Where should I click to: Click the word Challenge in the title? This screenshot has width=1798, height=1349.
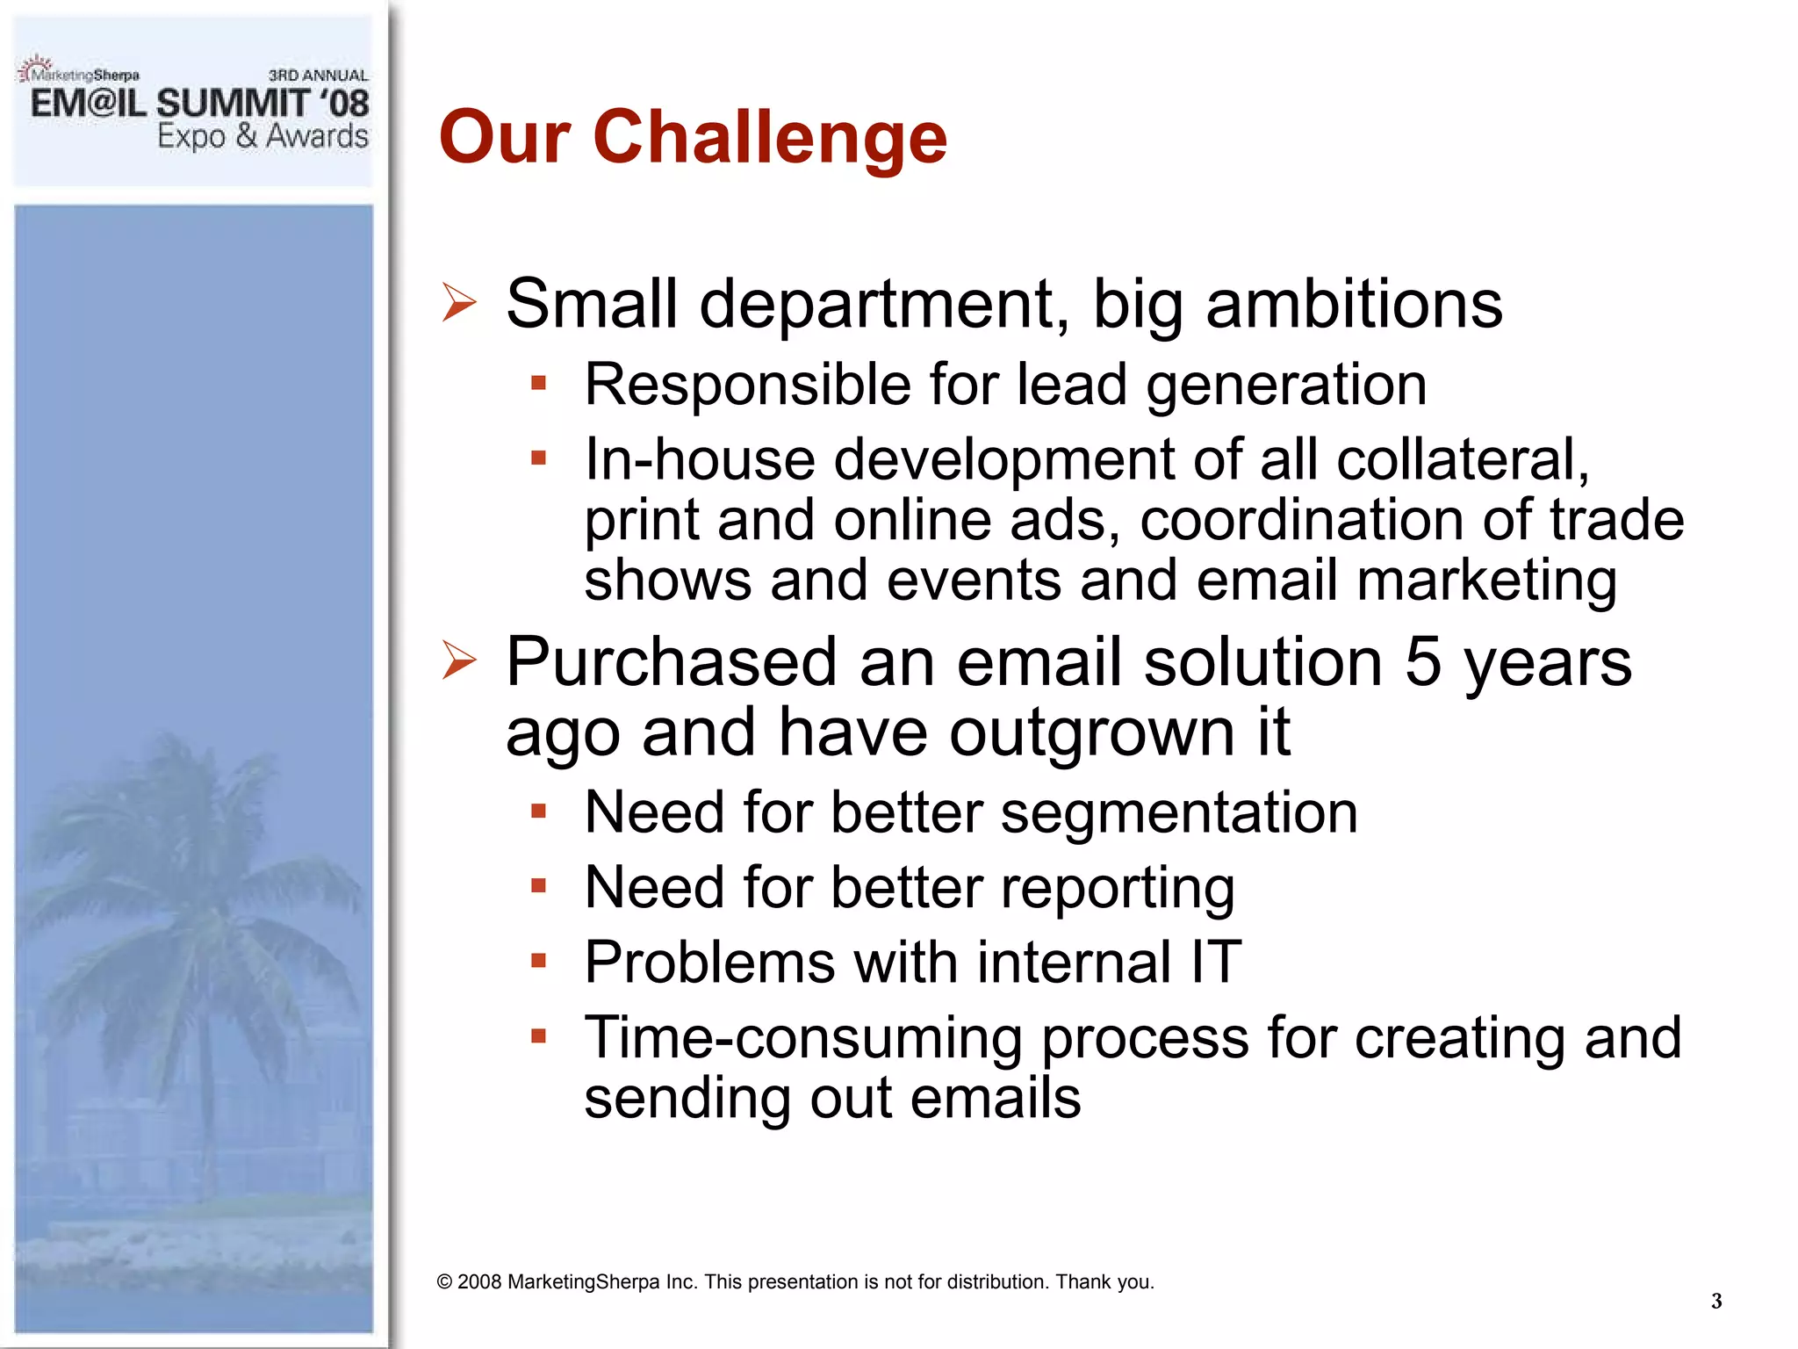point(769,138)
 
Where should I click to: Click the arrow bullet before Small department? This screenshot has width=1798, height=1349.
point(459,303)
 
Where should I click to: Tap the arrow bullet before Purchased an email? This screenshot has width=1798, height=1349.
point(459,660)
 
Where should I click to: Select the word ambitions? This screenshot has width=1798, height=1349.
point(1354,304)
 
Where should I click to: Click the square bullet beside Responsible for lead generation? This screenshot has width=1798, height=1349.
point(539,383)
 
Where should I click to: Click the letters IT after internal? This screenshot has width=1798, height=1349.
point(1216,962)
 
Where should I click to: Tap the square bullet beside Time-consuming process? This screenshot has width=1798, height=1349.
point(539,1035)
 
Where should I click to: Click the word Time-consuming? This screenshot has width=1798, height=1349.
point(802,1038)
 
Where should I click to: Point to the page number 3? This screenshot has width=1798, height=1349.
point(1715,1301)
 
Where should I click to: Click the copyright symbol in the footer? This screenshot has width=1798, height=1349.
point(444,1282)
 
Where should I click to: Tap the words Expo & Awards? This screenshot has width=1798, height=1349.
point(263,137)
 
